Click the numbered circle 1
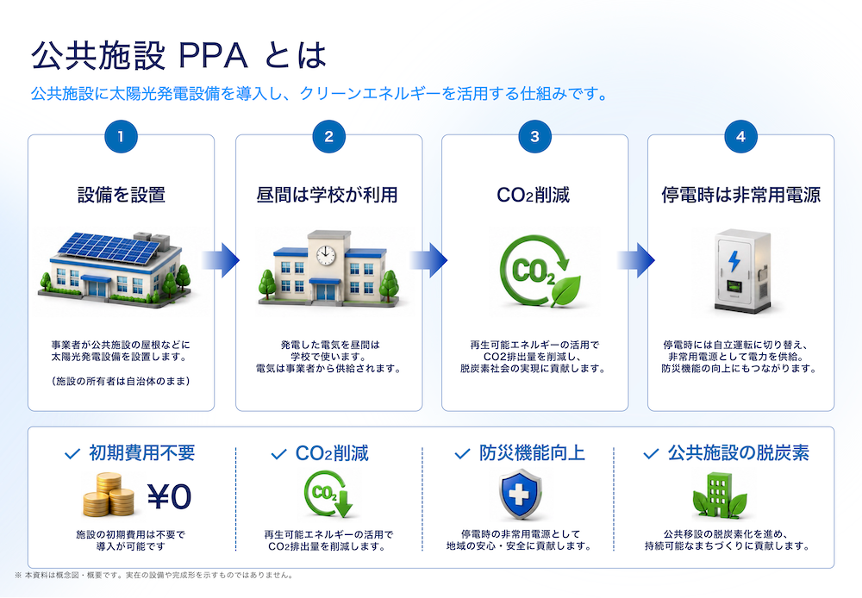click(121, 136)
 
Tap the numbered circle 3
click(535, 136)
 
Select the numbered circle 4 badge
click(741, 136)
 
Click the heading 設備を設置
click(122, 195)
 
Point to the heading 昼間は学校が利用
click(327, 195)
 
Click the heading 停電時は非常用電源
click(741, 195)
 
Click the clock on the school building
click(326, 254)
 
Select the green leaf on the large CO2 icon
click(565, 290)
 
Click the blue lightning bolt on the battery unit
click(734, 261)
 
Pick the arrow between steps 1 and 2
click(221, 260)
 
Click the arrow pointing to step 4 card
click(635, 260)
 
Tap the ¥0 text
click(169, 497)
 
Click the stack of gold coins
click(109, 495)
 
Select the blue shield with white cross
click(520, 494)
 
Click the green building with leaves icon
click(720, 495)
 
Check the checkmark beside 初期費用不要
click(72, 454)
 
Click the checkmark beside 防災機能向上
click(462, 454)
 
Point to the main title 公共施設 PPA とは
click(178, 55)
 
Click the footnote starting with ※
click(154, 576)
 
